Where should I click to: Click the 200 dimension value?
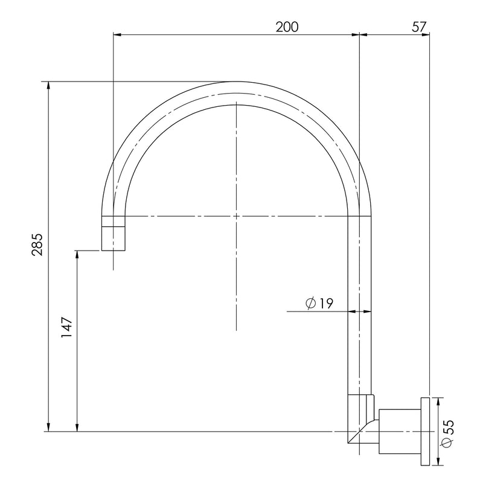coord(287,27)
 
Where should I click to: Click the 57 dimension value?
coord(420,27)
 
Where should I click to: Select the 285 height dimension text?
coord(38,245)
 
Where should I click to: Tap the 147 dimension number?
coord(66,327)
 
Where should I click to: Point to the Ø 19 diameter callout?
coord(319,304)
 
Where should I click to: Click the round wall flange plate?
coord(425,431)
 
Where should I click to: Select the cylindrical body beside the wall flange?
coord(400,431)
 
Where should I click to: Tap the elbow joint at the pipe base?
coord(361,419)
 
